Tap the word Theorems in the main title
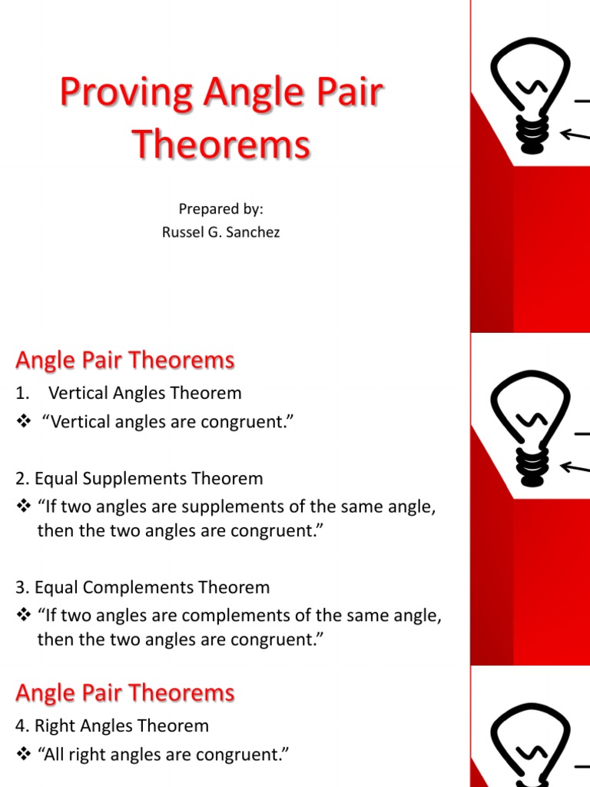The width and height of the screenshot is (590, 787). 221,144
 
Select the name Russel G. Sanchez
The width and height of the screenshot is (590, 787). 220,231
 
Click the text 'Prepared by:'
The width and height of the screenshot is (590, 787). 220,209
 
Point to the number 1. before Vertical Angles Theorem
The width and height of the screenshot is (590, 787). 22,393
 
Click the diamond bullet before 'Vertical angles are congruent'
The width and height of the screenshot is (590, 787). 22,422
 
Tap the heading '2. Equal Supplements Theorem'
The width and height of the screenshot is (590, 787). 139,479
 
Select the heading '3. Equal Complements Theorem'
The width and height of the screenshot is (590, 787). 142,588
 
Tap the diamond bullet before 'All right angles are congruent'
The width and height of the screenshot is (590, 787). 22,755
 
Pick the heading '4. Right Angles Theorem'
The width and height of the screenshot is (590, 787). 111,726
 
